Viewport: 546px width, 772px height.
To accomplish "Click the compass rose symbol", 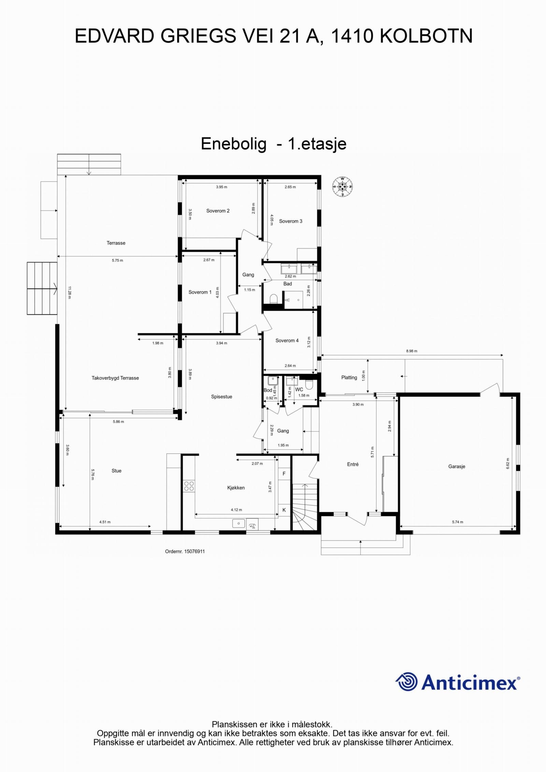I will tap(342, 187).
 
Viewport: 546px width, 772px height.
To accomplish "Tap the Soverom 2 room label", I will tap(218, 211).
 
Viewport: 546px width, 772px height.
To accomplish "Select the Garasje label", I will tap(457, 466).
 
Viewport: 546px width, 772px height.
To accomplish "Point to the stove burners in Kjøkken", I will tap(189, 486).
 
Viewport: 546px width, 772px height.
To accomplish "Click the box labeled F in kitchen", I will tap(284, 474).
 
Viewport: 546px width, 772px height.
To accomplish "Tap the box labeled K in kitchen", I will tap(284, 510).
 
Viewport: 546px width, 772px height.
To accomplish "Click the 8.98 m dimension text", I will tap(412, 351).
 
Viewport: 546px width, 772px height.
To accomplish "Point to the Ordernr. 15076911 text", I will tap(185, 551).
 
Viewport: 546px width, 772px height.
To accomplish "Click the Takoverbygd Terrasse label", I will tap(115, 378).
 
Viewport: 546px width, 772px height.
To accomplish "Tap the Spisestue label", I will tap(221, 397).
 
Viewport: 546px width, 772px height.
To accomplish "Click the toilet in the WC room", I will tap(309, 385).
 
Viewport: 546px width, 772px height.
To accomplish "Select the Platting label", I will tap(349, 377).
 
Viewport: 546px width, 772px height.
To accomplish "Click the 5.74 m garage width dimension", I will tap(457, 522).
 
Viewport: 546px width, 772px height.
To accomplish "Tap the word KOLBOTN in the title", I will tap(426, 36).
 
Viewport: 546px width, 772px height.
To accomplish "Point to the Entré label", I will tap(353, 464).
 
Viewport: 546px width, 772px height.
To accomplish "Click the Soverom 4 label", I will tap(287, 340).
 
